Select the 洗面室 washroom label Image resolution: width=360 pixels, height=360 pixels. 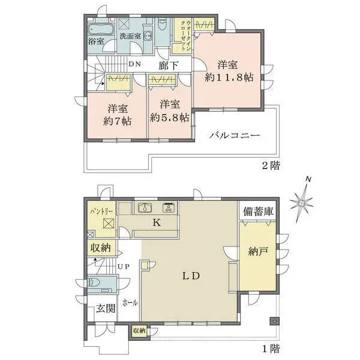(x=130, y=36)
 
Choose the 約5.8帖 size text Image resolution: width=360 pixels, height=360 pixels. (x=170, y=118)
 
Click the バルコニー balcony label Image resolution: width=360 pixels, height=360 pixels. (x=234, y=136)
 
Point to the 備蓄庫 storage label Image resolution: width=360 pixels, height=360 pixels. (x=258, y=211)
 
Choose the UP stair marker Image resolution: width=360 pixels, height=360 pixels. (x=124, y=266)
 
